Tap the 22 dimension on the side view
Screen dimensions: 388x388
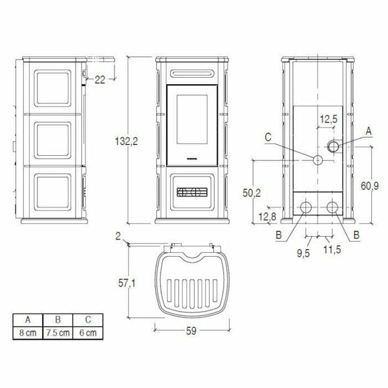tap(100, 80)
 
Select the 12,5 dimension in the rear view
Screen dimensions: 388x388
tap(329, 120)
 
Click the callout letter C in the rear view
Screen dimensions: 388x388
tap(268, 136)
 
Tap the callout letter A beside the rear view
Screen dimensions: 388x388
tap(369, 131)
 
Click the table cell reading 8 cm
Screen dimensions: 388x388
tap(28, 332)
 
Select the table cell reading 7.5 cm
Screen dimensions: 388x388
tap(58, 332)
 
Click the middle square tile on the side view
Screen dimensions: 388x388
tap(52, 136)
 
